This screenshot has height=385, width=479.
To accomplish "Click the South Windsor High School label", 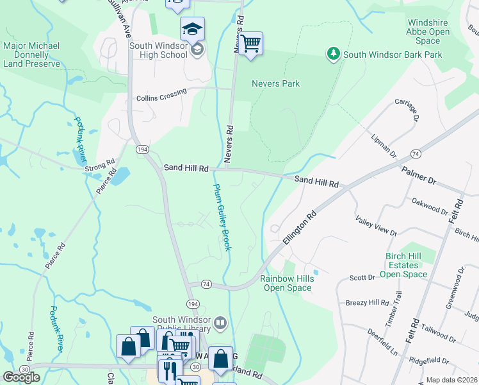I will coord(158,50).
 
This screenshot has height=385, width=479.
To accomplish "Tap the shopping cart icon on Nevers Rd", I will coord(251,44).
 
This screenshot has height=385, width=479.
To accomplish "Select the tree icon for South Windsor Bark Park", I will coord(332,54).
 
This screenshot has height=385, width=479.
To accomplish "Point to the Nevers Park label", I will coord(275,83).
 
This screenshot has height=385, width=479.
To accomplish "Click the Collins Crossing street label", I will coord(161,95).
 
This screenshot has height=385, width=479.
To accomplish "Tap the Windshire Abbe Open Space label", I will coord(437,31).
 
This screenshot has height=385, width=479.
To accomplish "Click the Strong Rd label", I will coord(99,169).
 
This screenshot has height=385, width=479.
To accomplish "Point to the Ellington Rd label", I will coord(299,228).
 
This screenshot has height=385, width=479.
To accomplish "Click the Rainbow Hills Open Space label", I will coord(286,283).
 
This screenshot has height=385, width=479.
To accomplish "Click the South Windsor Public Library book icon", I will coord(220,322).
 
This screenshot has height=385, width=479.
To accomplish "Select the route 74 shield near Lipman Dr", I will coord(416,154).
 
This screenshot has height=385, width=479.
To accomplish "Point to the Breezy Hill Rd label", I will coord(367,303).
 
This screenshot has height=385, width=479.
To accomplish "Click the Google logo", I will coord(21,377).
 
